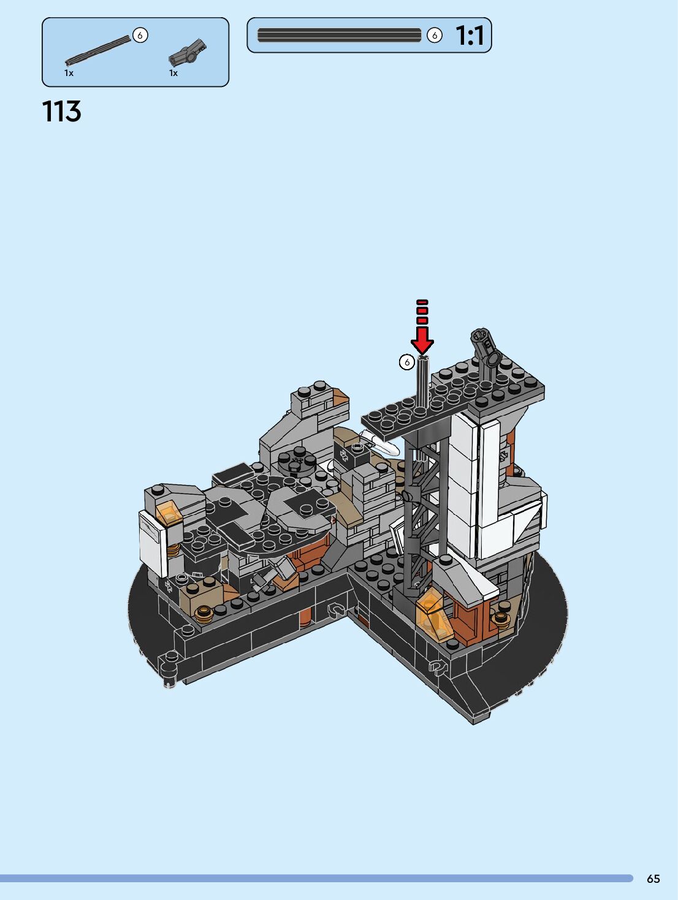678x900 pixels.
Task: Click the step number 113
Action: pyautogui.click(x=61, y=111)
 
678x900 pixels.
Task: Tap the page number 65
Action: pyautogui.click(x=653, y=879)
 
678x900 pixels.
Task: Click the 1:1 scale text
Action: pyautogui.click(x=470, y=36)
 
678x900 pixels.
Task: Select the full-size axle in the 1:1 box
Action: pyautogui.click(x=339, y=36)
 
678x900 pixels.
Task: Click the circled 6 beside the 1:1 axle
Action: pyautogui.click(x=435, y=36)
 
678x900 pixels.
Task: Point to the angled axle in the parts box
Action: pyautogui.click(x=97, y=50)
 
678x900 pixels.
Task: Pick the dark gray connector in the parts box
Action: pyautogui.click(x=188, y=53)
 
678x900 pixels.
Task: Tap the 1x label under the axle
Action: pyautogui.click(x=69, y=73)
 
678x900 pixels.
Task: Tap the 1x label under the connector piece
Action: pyautogui.click(x=173, y=73)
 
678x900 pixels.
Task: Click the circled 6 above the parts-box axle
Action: pyautogui.click(x=140, y=36)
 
